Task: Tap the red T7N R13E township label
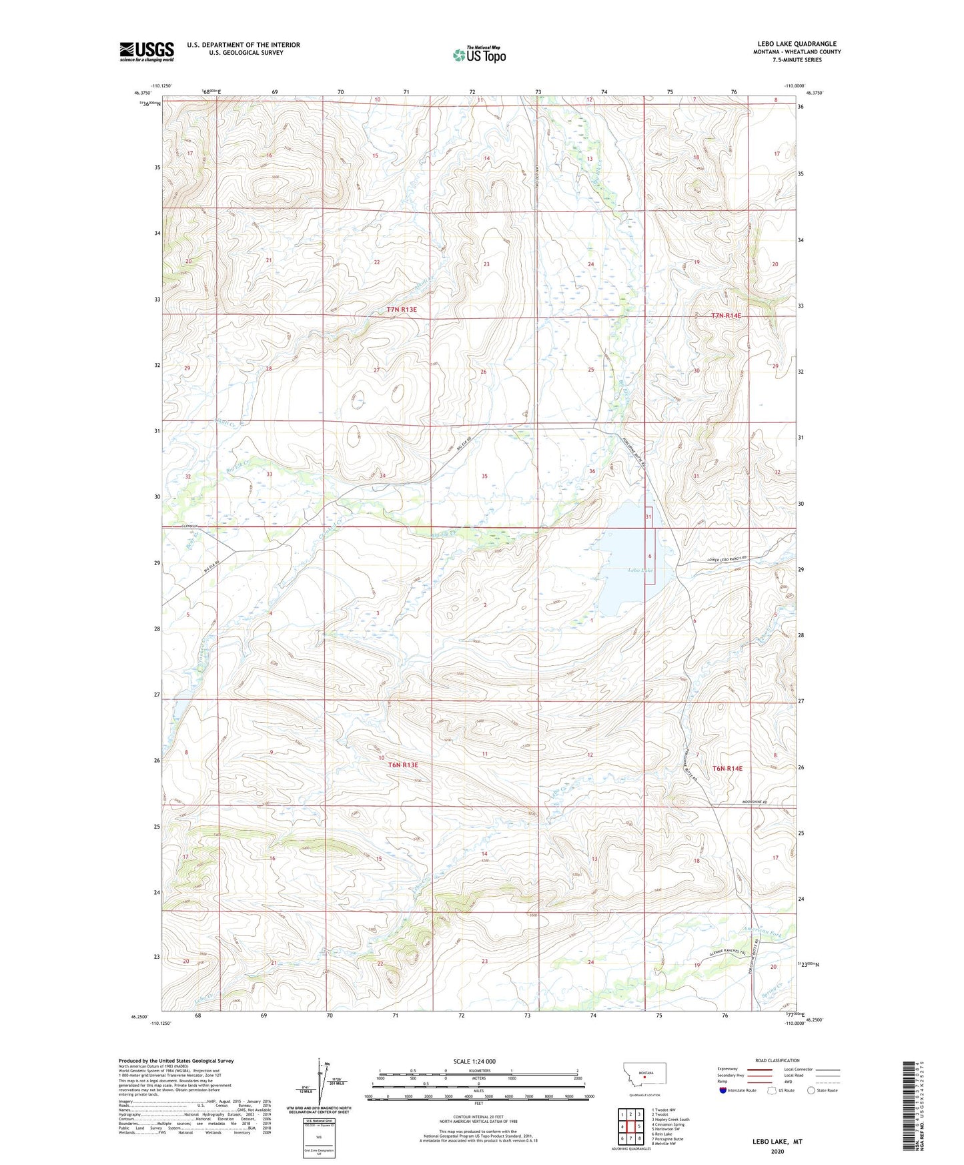[402, 310]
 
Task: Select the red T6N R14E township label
[727, 769]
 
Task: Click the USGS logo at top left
[147, 51]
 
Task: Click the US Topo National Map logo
[479, 55]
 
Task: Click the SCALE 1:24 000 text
[474, 1062]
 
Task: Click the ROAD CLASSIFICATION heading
[777, 1060]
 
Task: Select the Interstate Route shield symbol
[723, 1090]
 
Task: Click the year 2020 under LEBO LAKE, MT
[777, 1151]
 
